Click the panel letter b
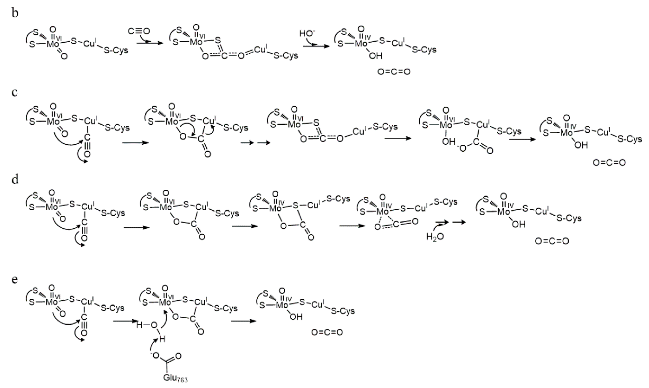coord(15,13)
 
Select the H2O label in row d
coord(435,237)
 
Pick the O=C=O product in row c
coord(609,163)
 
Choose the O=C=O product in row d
coord(552,241)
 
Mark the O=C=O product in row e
coord(327,332)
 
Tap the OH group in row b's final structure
coord(375,56)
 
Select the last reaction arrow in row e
coord(243,321)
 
